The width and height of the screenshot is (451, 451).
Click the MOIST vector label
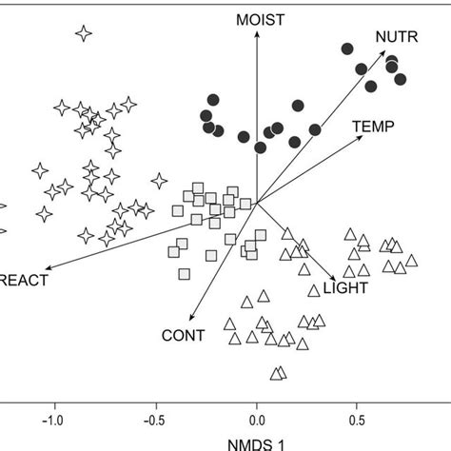click(x=256, y=18)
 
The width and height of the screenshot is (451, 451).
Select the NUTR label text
click(x=394, y=37)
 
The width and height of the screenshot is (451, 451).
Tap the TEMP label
click(x=372, y=125)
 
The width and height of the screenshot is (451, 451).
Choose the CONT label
click(x=183, y=335)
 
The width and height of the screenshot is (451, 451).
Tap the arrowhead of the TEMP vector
click(x=363, y=136)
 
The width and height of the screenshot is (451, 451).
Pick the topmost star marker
click(x=84, y=33)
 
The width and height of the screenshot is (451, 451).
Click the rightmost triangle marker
click(x=411, y=260)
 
